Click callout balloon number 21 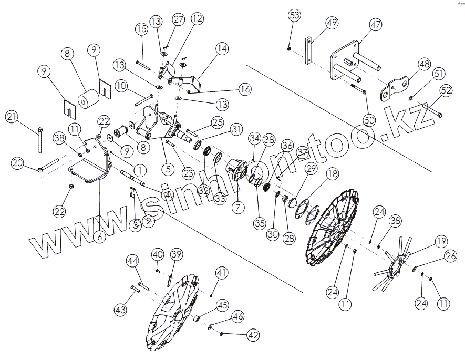pyautogui.click(x=13, y=117)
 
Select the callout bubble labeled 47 pyautogui.click(x=376, y=25)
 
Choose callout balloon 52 pyautogui.click(x=446, y=90)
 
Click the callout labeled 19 pyautogui.click(x=441, y=242)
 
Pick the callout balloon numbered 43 pyautogui.click(x=121, y=310)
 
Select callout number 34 pyautogui.click(x=255, y=139)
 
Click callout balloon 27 pyautogui.click(x=179, y=20)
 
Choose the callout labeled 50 pyautogui.click(x=369, y=120)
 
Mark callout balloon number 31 pyautogui.click(x=237, y=129)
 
